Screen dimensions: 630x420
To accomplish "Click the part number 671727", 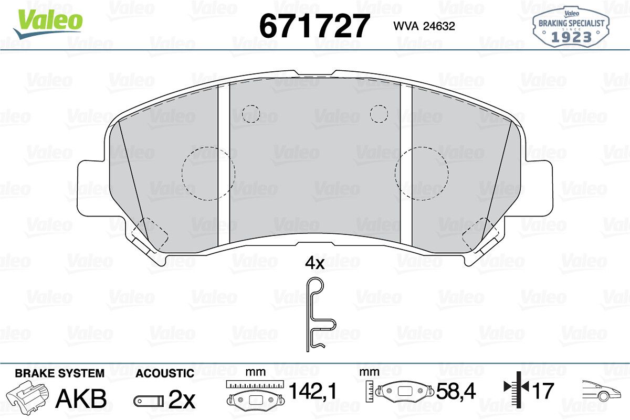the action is [x=313, y=26].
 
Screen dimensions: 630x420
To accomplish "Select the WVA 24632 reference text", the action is [x=424, y=26].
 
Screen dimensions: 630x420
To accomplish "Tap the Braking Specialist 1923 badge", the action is [x=571, y=27].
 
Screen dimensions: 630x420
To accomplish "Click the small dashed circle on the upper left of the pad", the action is [x=251, y=114].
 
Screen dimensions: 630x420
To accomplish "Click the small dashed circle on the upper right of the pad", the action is [x=379, y=114].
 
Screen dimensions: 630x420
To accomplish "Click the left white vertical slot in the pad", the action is [x=224, y=164].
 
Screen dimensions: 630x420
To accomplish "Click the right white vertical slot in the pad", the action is [x=406, y=164].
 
